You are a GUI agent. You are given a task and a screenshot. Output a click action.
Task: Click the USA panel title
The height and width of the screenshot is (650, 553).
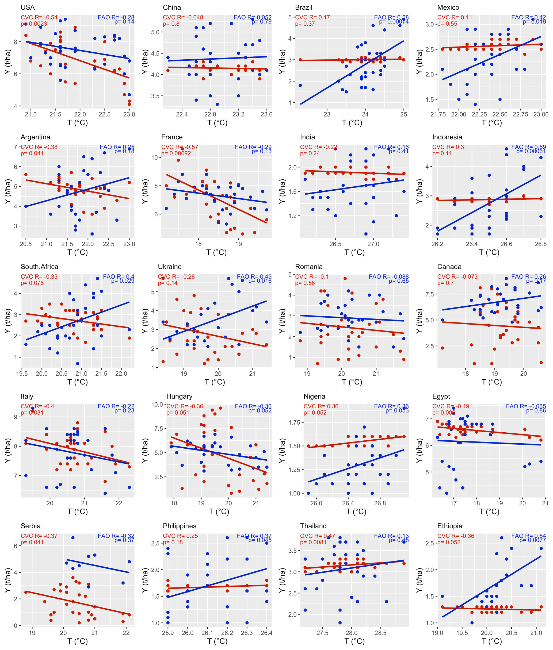point(28,7)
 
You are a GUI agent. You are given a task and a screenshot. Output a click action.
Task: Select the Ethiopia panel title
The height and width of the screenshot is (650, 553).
point(449,526)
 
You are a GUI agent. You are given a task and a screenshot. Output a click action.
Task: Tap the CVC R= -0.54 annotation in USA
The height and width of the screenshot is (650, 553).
point(39,18)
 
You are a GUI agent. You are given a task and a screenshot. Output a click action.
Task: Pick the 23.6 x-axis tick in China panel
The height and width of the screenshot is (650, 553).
point(266,114)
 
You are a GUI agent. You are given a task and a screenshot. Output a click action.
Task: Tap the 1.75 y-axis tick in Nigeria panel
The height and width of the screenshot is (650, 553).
point(294,422)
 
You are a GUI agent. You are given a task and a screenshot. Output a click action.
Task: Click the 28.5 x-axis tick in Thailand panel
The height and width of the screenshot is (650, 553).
point(381,633)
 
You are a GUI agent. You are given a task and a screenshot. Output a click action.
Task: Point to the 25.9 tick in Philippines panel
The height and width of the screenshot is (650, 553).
point(168,633)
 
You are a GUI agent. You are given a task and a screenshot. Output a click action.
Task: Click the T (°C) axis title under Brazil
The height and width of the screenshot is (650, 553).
point(352,123)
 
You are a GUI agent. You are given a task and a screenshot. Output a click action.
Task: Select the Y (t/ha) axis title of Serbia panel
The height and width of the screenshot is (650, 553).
point(8,580)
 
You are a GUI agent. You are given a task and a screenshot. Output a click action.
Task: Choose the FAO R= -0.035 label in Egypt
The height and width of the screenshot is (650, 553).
point(526,406)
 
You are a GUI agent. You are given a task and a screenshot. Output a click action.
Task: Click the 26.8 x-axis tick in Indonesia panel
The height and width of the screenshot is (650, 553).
point(541,244)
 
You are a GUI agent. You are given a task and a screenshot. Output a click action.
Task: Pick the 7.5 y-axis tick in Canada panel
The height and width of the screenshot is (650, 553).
point(429,294)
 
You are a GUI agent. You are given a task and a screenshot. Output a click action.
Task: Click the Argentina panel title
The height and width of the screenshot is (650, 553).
point(35,137)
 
